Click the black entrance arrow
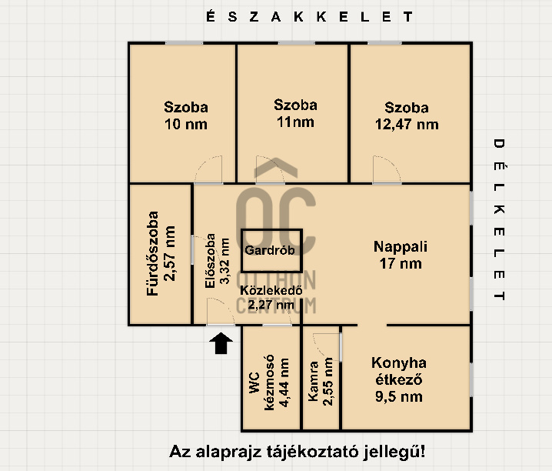pyautogui.click(x=221, y=342)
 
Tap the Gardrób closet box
pyautogui.click(x=271, y=251)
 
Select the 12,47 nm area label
pyautogui.click(x=407, y=125)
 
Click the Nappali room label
pyautogui.click(x=401, y=246)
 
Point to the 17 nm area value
pyautogui.click(x=401, y=263)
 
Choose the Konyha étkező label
pyautogui.click(x=399, y=371)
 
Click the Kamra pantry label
pyautogui.click(x=313, y=381)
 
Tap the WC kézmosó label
pyautogui.click(x=261, y=382)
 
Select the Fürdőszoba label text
pyautogui.click(x=153, y=254)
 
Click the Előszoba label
pyautogui.click(x=210, y=261)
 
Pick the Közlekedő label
pyautogui.click(x=271, y=291)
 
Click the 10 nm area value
pyautogui.click(x=186, y=125)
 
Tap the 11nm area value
pyautogui.click(x=295, y=122)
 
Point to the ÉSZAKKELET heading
pyautogui.click(x=309, y=17)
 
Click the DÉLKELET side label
pyautogui.click(x=499, y=219)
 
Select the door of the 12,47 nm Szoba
pyautogui.click(x=387, y=170)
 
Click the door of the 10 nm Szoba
pyautogui.click(x=208, y=170)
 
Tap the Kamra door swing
pyautogui.click(x=327, y=347)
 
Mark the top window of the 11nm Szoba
pyautogui.click(x=297, y=43)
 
